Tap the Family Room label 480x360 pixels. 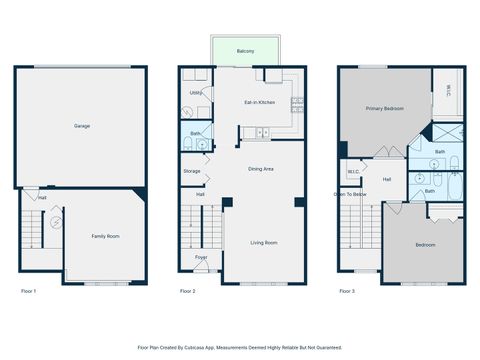pyautogui.click(x=105, y=236)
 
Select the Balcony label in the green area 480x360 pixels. pyautogui.click(x=245, y=51)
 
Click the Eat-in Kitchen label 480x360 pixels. pyautogui.click(x=260, y=102)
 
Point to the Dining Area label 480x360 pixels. pyautogui.click(x=261, y=169)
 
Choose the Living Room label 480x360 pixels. pyautogui.click(x=264, y=243)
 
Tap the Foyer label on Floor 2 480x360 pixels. pyautogui.click(x=201, y=257)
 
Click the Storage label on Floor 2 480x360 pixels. pyautogui.click(x=192, y=171)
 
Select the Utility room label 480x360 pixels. pyautogui.click(x=195, y=93)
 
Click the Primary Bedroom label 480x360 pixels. pyautogui.click(x=384, y=108)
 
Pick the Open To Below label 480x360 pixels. pyautogui.click(x=349, y=194)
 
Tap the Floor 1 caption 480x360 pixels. pyautogui.click(x=28, y=291)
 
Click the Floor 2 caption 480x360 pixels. pyautogui.click(x=187, y=291)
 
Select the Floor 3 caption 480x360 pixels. pyautogui.click(x=346, y=291)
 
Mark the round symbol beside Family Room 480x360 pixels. pyautogui.click(x=57, y=220)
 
